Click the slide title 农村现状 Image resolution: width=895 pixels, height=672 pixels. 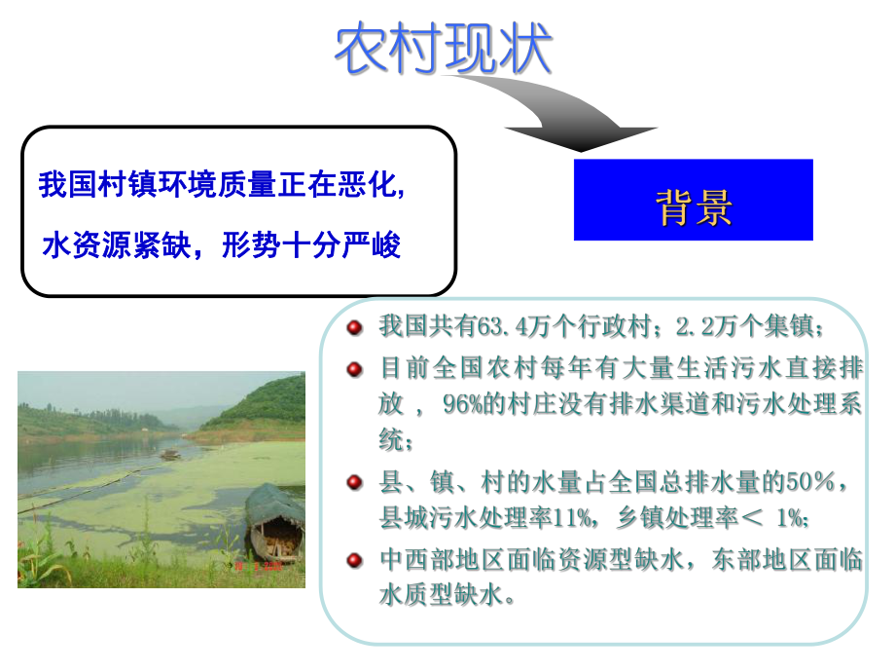pos(443,50)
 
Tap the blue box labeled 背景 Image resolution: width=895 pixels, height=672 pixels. pos(693,201)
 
